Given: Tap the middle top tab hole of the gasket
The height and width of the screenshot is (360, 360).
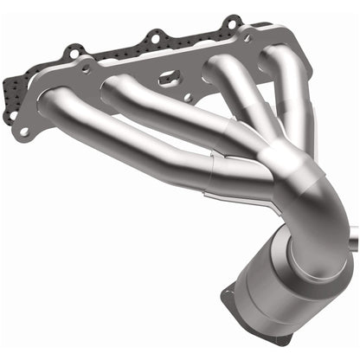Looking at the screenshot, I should pos(153,37).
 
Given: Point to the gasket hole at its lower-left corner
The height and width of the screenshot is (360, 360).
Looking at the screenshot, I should pos(25,132).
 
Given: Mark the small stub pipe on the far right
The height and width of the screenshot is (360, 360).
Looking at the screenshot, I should pos(353,233).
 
